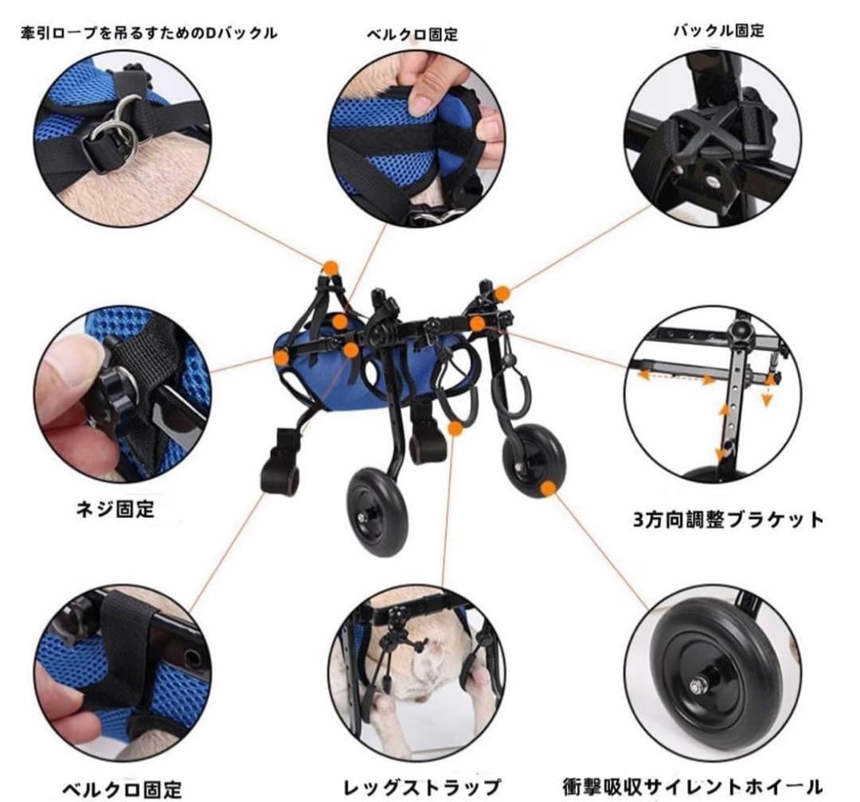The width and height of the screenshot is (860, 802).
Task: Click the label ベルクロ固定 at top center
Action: click(x=412, y=35)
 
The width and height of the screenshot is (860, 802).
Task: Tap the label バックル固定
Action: click(x=718, y=31)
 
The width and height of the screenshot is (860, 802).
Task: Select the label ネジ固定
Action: click(x=111, y=508)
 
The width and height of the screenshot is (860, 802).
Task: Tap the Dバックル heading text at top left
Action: click(x=149, y=33)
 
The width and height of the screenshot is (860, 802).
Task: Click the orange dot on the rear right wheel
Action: click(x=548, y=488)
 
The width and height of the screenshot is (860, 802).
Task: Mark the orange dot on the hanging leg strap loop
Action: click(x=455, y=428)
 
